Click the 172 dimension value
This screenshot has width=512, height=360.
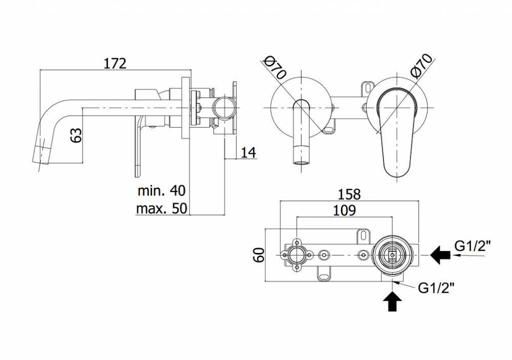click(x=115, y=63)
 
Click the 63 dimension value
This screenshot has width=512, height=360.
click(x=76, y=135)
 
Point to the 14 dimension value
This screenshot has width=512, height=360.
click(x=248, y=152)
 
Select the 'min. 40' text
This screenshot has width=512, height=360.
click(x=161, y=190)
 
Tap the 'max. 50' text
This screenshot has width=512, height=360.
click(x=162, y=208)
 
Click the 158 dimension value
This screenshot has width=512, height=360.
click(x=349, y=195)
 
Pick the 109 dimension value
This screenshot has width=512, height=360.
click(x=344, y=210)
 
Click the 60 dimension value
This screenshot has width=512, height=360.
click(x=259, y=255)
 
